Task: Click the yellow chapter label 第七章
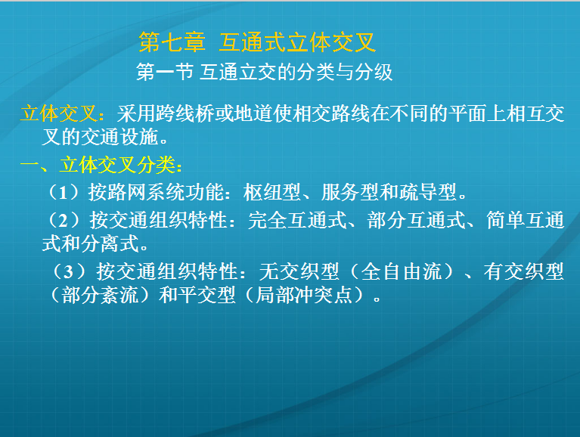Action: pos(172,42)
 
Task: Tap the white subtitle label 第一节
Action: pos(165,72)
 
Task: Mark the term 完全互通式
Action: pos(297,220)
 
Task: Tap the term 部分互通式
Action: pos(416,220)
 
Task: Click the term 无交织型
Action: pos(299,271)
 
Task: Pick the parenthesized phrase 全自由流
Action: pos(402,271)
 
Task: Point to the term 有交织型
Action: pos(524,271)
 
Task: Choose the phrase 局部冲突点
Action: pos(304,296)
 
